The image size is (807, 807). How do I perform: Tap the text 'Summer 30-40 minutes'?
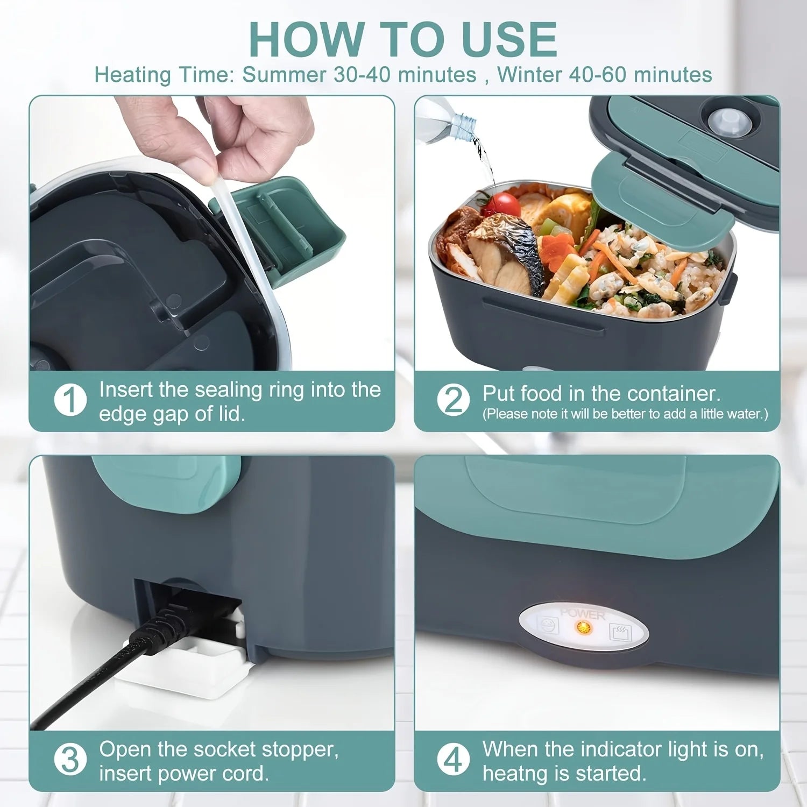tap(359, 75)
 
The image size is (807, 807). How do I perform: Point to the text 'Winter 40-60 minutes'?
tap(604, 75)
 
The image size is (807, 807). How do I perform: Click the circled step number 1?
tap(70, 401)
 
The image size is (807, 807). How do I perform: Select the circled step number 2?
tap(453, 401)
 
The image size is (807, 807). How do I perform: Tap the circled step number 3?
tap(70, 760)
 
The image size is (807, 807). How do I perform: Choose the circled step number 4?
tap(453, 760)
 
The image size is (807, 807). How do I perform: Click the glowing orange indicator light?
tap(582, 627)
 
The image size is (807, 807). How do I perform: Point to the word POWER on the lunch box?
tap(583, 614)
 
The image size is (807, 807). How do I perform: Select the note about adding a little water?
tap(625, 414)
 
